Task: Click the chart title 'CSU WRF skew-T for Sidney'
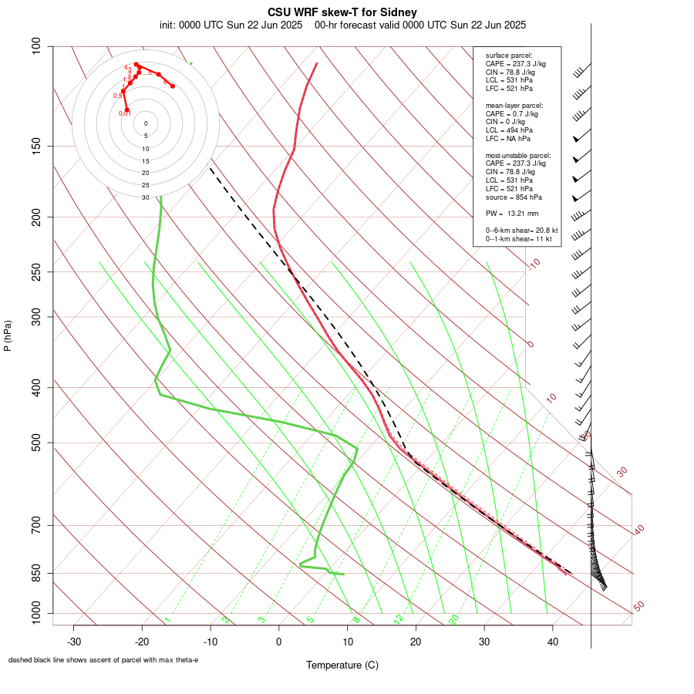pyautogui.click(x=342, y=12)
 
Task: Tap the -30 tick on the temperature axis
pyautogui.click(x=74, y=642)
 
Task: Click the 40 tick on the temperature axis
pyautogui.click(x=553, y=642)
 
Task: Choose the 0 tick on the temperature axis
pyautogui.click(x=279, y=642)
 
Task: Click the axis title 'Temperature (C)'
pyautogui.click(x=342, y=665)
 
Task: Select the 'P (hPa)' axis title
pyautogui.click(x=8, y=336)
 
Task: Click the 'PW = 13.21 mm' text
pyautogui.click(x=512, y=214)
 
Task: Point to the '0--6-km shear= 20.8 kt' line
pyautogui.click(x=521, y=231)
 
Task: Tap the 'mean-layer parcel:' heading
pyautogui.click(x=514, y=105)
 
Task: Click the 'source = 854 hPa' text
pyautogui.click(x=512, y=197)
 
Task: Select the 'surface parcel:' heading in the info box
pyautogui.click(x=509, y=56)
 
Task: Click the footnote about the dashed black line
pyautogui.click(x=103, y=660)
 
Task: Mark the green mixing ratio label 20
pyautogui.click(x=454, y=619)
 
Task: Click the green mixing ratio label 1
pyautogui.click(x=167, y=620)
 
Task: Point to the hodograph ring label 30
pyautogui.click(x=146, y=197)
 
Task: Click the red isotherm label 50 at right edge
pyautogui.click(x=638, y=607)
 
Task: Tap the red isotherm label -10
pyautogui.click(x=534, y=264)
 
